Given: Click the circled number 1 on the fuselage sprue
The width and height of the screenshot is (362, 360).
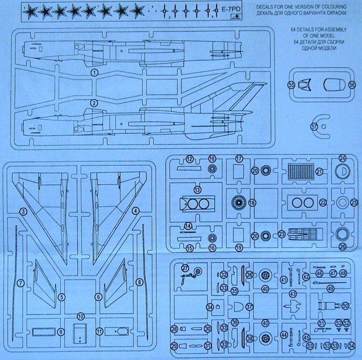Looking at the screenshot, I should [x=94, y=73].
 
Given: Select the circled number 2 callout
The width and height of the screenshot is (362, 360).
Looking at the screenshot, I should [x=94, y=103].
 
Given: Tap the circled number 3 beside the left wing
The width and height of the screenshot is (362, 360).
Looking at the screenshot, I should [x=23, y=211].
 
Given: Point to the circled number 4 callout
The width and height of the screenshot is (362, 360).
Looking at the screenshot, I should [x=135, y=211].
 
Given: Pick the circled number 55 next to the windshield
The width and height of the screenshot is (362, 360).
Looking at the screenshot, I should [x=291, y=84].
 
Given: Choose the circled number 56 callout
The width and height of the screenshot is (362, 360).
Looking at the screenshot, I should [x=352, y=84].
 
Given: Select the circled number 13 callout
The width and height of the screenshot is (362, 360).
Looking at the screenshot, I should [x=197, y=190].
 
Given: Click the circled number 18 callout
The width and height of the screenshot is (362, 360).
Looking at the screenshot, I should [x=252, y=203].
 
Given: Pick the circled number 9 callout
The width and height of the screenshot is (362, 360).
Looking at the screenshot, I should [x=60, y=332].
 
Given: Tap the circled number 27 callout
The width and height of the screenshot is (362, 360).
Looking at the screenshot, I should [x=185, y=268].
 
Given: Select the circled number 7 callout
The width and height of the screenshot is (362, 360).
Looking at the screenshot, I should [x=21, y=283].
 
